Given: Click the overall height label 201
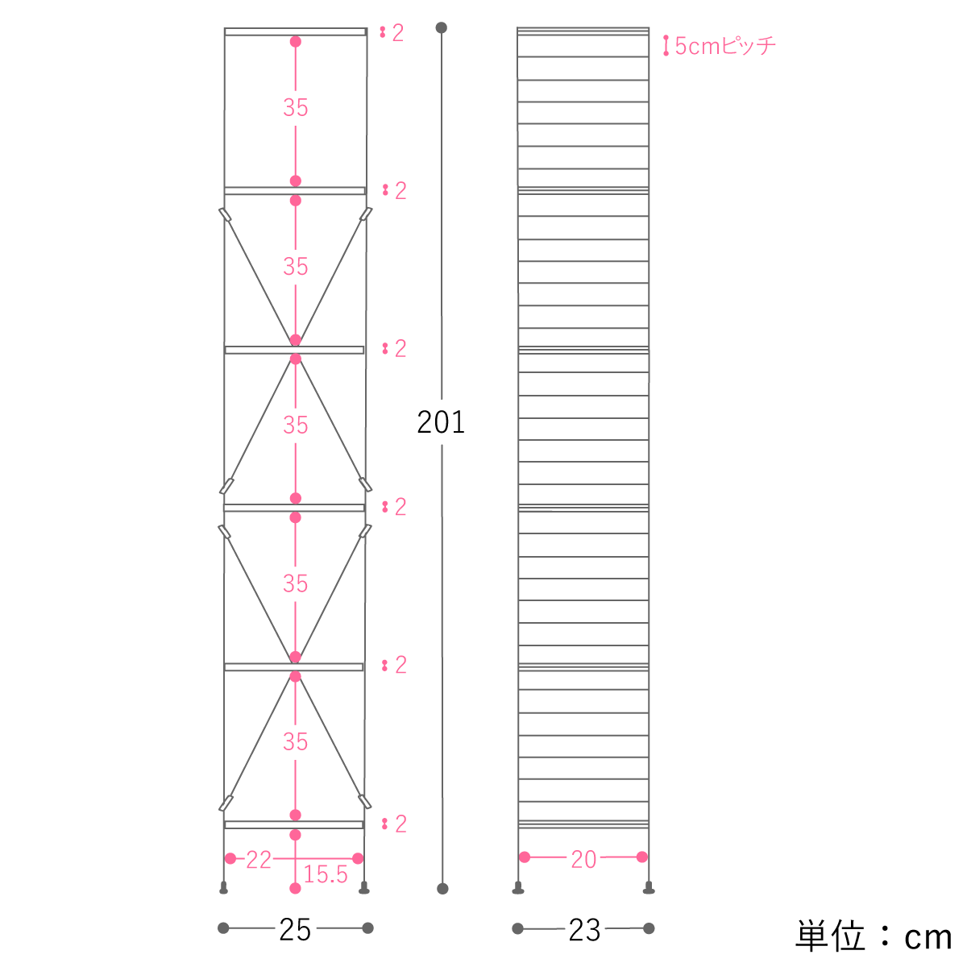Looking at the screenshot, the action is click(441, 422).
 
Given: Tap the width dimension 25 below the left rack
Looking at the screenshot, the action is click(295, 931).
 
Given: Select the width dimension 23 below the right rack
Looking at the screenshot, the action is click(584, 931).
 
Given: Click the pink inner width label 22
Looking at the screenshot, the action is click(259, 860).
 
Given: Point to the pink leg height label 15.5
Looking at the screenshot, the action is click(326, 874).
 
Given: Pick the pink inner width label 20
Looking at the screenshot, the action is click(583, 859).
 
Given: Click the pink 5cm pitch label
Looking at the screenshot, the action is click(725, 46).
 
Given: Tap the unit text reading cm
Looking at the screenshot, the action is click(928, 937).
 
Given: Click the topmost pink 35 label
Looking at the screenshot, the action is click(295, 107).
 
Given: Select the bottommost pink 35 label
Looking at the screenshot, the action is click(295, 741).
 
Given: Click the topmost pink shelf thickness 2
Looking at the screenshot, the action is click(398, 33).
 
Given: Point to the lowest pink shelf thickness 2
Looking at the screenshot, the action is click(400, 824).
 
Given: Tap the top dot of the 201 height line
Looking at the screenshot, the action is click(441, 27).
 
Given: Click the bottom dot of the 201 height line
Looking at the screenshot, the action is click(442, 889).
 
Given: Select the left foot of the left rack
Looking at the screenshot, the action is click(224, 888).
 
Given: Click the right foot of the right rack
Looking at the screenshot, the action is click(649, 888).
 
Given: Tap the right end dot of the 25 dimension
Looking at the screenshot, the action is click(367, 928).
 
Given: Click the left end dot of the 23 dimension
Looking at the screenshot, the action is click(518, 928).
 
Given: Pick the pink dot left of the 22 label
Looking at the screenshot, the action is click(230, 858).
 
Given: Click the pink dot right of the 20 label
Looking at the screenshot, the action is click(641, 857).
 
